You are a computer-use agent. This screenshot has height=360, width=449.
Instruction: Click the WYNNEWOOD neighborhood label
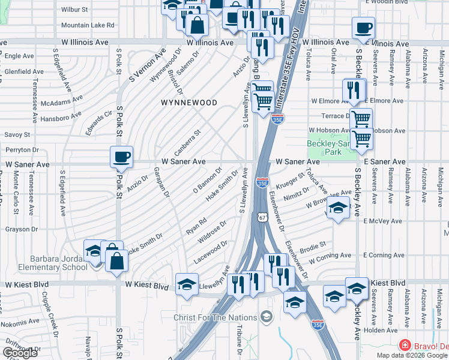pyautogui.click(x=189, y=103)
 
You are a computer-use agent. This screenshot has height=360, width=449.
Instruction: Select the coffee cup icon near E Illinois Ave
pyautogui.click(x=363, y=28)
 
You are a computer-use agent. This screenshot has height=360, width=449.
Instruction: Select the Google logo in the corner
pyautogui.click(x=20, y=353)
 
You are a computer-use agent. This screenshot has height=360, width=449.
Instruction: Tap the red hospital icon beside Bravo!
pyautogui.click(x=405, y=346)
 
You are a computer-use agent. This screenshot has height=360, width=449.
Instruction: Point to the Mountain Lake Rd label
pyautogui.click(x=88, y=25)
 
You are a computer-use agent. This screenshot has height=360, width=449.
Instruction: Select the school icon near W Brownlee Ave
pyautogui.click(x=338, y=209)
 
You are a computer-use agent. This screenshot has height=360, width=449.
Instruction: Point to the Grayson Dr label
pyautogui.click(x=22, y=229)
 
